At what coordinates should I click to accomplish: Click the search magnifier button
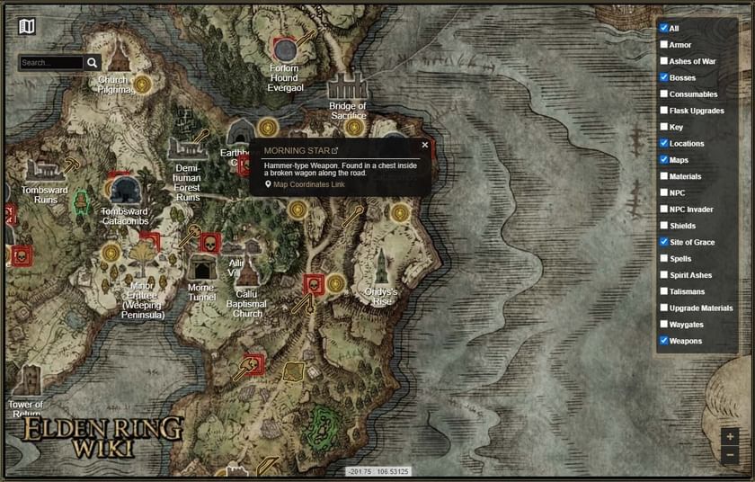(x=93, y=63)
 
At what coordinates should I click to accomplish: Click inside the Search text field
(x=51, y=63)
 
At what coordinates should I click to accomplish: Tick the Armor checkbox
(x=664, y=45)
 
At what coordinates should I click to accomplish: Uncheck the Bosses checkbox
(x=664, y=77)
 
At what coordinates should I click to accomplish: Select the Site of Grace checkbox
(x=664, y=242)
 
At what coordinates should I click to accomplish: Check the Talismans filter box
(x=664, y=291)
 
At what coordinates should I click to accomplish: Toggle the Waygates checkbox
(x=664, y=325)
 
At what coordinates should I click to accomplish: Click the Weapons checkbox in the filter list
(x=664, y=341)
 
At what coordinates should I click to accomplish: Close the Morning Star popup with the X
(x=425, y=145)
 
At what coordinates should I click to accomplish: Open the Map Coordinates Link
(x=308, y=184)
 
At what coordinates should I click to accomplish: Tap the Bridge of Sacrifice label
(x=348, y=111)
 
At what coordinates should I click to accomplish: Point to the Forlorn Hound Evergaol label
(x=284, y=78)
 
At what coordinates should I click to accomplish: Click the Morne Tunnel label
(x=201, y=292)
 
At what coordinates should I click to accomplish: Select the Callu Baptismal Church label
(x=247, y=304)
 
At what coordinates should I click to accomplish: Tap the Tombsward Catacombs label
(x=125, y=216)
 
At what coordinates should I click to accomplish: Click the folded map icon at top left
(x=27, y=26)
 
